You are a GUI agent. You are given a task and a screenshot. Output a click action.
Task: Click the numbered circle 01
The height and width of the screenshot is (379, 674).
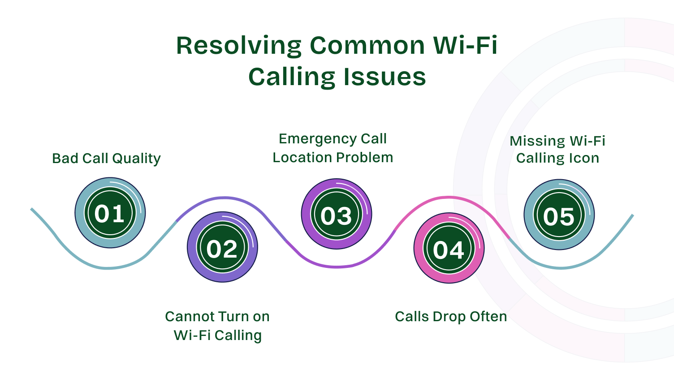click(x=110, y=213)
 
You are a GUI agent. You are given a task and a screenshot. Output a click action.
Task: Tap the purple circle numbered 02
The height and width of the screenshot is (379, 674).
click(x=222, y=247)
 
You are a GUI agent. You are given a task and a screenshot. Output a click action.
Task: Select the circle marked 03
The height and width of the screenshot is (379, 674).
click(x=336, y=214)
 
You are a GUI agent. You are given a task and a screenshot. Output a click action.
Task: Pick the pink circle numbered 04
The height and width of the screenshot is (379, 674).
click(x=449, y=248)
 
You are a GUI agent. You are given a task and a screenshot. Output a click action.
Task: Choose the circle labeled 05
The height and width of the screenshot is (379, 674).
click(x=559, y=215)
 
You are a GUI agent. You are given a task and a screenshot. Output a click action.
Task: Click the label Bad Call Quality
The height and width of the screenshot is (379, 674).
click(x=106, y=159)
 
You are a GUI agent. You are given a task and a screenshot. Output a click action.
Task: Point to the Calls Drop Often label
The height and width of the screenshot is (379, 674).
click(x=451, y=317)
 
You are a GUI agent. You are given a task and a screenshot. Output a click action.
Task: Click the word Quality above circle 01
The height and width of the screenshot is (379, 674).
click(x=136, y=159)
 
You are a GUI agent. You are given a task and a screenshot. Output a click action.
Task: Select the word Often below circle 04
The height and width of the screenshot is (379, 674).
click(x=488, y=317)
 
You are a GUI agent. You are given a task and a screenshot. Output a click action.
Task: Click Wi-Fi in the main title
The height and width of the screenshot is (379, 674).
click(x=465, y=46)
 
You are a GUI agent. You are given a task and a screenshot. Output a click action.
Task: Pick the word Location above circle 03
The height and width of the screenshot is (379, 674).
click(x=302, y=158)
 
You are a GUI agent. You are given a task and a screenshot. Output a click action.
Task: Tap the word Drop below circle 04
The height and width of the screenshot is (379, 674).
click(x=449, y=317)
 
